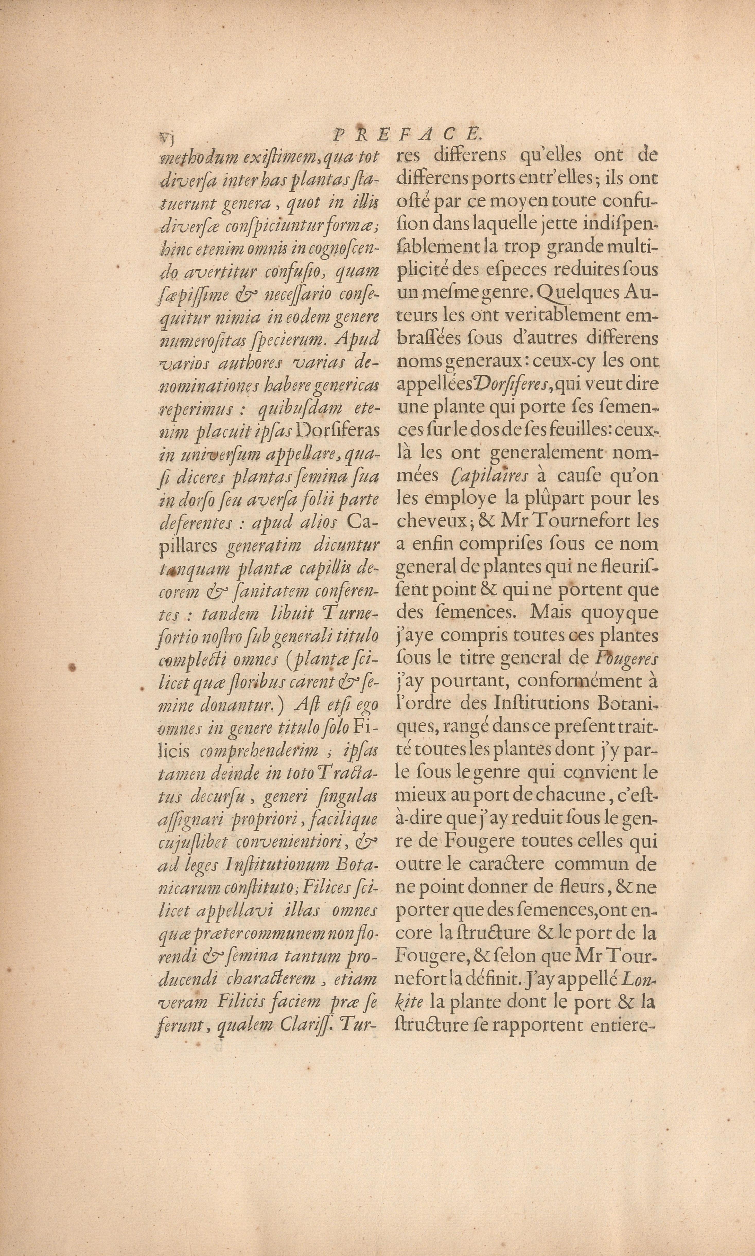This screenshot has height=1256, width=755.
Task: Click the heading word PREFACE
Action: click(x=406, y=134)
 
